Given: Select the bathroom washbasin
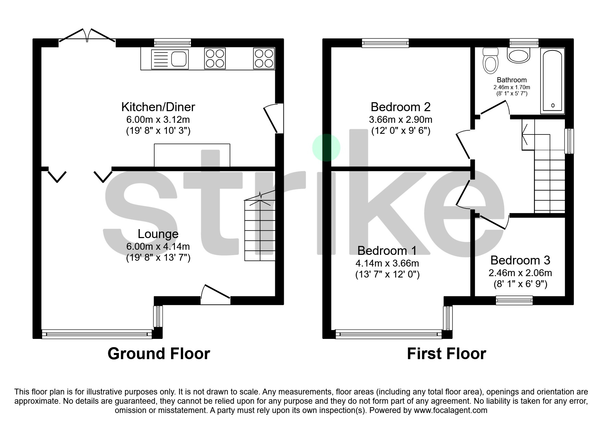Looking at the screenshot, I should tap(519, 55).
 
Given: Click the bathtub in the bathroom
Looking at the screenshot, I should tap(552, 81).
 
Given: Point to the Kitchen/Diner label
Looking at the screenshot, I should tap(158, 107).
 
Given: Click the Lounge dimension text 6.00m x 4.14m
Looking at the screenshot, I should tap(158, 246).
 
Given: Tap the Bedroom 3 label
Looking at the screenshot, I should tap(520, 260).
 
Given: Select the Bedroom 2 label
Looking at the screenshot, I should tap(400, 107).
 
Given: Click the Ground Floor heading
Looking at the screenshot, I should tap(159, 354).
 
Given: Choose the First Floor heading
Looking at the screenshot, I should tap(446, 354).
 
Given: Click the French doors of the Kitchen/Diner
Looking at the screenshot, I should tap(87, 36).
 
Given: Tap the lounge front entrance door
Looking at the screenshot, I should tap(215, 294).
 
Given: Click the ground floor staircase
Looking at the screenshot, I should tap(260, 230).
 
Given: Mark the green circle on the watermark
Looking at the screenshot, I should tap(326, 147).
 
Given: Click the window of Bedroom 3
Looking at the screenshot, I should tap(514, 300).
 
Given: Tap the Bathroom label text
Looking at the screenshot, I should tap(511, 80).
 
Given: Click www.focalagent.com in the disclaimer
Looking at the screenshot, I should tap(450, 410).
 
